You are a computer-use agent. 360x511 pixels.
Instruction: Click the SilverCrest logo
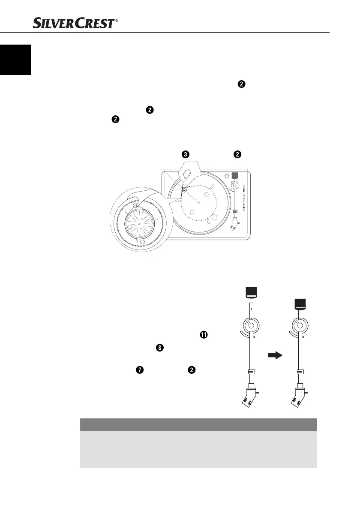coord(73,21)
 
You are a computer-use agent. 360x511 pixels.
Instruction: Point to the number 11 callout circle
coord(203,335)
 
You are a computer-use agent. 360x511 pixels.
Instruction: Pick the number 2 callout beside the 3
coord(238,154)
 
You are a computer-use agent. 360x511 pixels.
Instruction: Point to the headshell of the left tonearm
coord(249,396)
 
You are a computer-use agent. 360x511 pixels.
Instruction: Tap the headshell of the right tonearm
coord(298,396)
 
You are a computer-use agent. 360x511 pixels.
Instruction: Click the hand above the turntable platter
coord(185,172)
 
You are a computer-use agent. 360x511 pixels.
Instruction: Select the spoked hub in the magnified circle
coord(139,225)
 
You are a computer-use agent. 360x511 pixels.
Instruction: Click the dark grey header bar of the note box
coord(198,424)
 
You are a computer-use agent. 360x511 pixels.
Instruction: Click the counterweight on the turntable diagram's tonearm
coord(234,175)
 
